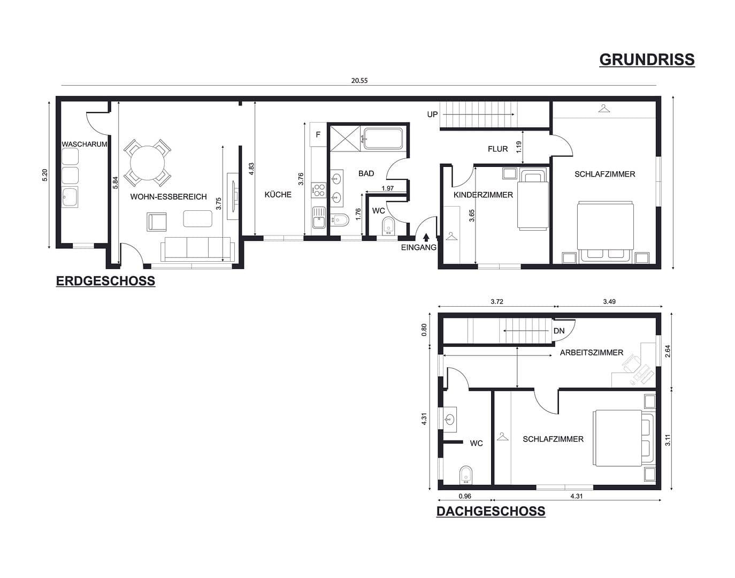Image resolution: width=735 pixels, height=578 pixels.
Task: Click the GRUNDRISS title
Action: pyautogui.click(x=646, y=59)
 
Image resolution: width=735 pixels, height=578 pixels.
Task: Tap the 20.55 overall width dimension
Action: pyautogui.click(x=359, y=81)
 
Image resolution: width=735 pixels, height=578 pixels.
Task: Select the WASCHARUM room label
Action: pyautogui.click(x=85, y=144)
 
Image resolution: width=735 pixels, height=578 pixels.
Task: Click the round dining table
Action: pyautogui.click(x=147, y=162)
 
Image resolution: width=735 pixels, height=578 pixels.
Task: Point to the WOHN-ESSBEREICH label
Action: pyautogui.click(x=168, y=197)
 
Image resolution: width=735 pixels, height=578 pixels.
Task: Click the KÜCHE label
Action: pyautogui.click(x=278, y=195)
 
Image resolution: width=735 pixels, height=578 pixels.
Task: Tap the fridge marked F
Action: pyautogui.click(x=318, y=134)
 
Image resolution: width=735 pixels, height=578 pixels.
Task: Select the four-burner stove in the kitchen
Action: pyautogui.click(x=319, y=189)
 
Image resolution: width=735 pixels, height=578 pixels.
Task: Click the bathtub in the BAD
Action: pyautogui.click(x=382, y=139)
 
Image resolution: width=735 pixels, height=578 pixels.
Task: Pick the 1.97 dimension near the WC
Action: pyautogui.click(x=388, y=188)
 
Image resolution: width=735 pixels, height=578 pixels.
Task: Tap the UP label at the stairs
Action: pyautogui.click(x=432, y=115)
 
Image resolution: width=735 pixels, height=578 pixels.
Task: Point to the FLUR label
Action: pyautogui.click(x=497, y=149)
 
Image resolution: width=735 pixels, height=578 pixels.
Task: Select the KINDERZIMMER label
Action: pyautogui.click(x=483, y=195)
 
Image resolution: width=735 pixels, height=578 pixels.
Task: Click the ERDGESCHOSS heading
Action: pyautogui.click(x=105, y=282)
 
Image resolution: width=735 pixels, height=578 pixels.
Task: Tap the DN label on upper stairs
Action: pyautogui.click(x=558, y=331)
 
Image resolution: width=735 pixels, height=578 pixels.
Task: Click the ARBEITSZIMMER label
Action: pyautogui.click(x=591, y=353)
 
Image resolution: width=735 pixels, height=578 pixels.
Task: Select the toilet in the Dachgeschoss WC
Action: pyautogui.click(x=466, y=474)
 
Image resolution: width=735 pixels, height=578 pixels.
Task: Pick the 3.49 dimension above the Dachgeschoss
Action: pyautogui.click(x=609, y=302)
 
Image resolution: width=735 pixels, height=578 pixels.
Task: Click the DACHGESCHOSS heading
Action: pyautogui.click(x=491, y=511)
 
